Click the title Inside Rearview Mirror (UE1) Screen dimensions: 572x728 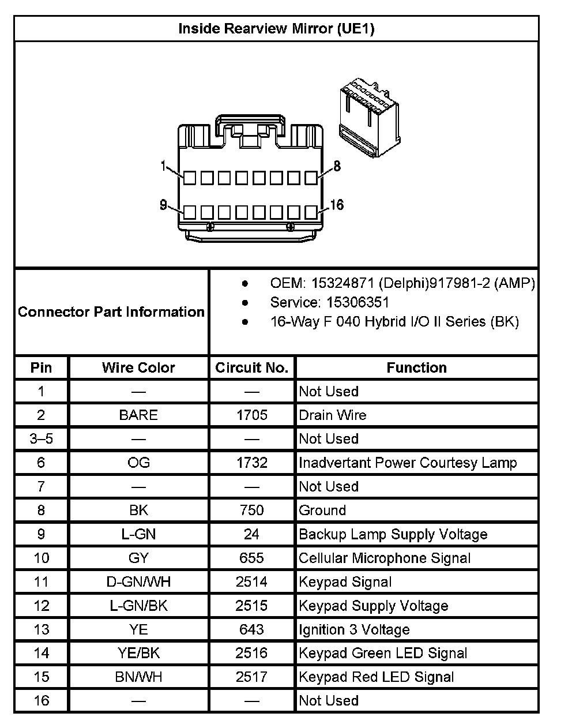coord(276,29)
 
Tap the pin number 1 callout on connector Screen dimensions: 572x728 coord(164,166)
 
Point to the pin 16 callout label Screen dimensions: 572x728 coord(337,205)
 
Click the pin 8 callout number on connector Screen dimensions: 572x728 coord(337,166)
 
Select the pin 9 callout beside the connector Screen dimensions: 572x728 coord(163,205)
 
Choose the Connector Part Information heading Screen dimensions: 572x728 coord(111,312)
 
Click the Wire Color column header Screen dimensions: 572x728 coord(138,367)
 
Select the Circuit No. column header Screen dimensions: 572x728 coord(251,367)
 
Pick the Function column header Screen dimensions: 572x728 coord(416,367)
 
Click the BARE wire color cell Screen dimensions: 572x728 coord(138,415)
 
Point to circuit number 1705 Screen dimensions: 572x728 coord(251,415)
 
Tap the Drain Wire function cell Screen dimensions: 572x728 coord(333,415)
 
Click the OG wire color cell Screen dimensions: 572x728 coord(138,463)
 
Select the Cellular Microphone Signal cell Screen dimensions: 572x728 coord(385,558)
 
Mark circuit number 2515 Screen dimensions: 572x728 coord(251,606)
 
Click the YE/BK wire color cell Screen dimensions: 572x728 coord(138,653)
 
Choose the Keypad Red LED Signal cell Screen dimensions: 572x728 coord(377,677)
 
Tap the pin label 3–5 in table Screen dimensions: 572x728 coord(41,439)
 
